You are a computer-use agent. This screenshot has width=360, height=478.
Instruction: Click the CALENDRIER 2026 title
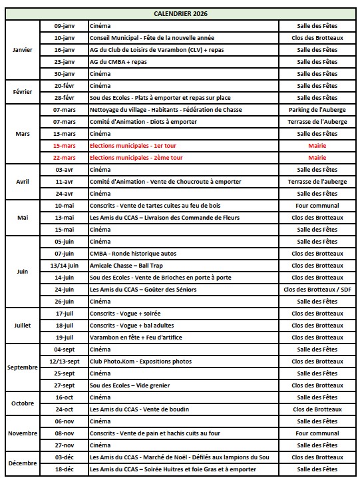click(180, 13)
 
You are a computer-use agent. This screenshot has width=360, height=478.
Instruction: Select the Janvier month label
click(22, 50)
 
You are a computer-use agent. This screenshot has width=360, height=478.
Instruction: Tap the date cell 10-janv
click(65, 38)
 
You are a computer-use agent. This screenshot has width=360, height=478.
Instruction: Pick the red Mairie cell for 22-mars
click(317, 158)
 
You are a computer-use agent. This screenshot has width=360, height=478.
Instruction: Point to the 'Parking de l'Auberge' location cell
click(317, 110)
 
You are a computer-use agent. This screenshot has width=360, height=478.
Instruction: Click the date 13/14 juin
click(65, 266)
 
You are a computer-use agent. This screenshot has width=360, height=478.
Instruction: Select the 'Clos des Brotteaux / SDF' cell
click(317, 290)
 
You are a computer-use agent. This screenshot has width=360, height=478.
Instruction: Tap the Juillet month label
click(22, 326)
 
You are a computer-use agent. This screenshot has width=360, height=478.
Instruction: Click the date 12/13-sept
click(65, 361)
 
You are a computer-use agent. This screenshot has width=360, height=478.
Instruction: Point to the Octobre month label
click(22, 403)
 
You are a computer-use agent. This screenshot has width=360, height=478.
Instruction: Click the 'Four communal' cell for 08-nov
click(317, 433)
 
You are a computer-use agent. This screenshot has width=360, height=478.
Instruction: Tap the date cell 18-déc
click(65, 469)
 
